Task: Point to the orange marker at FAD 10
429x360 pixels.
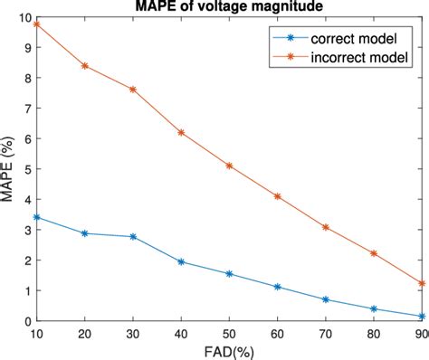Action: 36,24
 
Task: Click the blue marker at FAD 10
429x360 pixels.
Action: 36,217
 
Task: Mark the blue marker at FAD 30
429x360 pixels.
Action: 133,236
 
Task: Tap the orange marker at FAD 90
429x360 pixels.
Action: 422,283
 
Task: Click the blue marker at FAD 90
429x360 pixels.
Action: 422,317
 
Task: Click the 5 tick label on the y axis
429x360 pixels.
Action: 25,169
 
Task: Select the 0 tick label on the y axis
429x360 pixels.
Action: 25,321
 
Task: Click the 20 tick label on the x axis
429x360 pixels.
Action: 85,333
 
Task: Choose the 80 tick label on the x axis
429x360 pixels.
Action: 374,333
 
